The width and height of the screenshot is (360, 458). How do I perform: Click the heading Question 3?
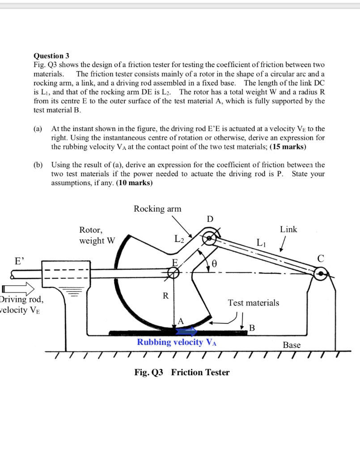(x=51, y=56)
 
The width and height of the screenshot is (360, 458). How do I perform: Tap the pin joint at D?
(x=208, y=238)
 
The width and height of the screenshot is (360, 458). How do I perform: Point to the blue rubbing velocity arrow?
(x=186, y=331)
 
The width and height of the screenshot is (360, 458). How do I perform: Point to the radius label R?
(x=165, y=296)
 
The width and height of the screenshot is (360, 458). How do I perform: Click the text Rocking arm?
(x=157, y=209)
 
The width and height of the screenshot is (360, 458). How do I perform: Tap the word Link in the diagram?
(x=288, y=229)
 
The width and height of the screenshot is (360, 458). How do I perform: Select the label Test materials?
(x=253, y=303)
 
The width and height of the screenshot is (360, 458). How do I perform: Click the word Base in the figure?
(x=292, y=345)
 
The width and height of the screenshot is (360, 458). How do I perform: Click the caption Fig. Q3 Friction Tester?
(x=182, y=372)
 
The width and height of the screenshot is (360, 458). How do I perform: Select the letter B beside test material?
(x=252, y=329)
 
